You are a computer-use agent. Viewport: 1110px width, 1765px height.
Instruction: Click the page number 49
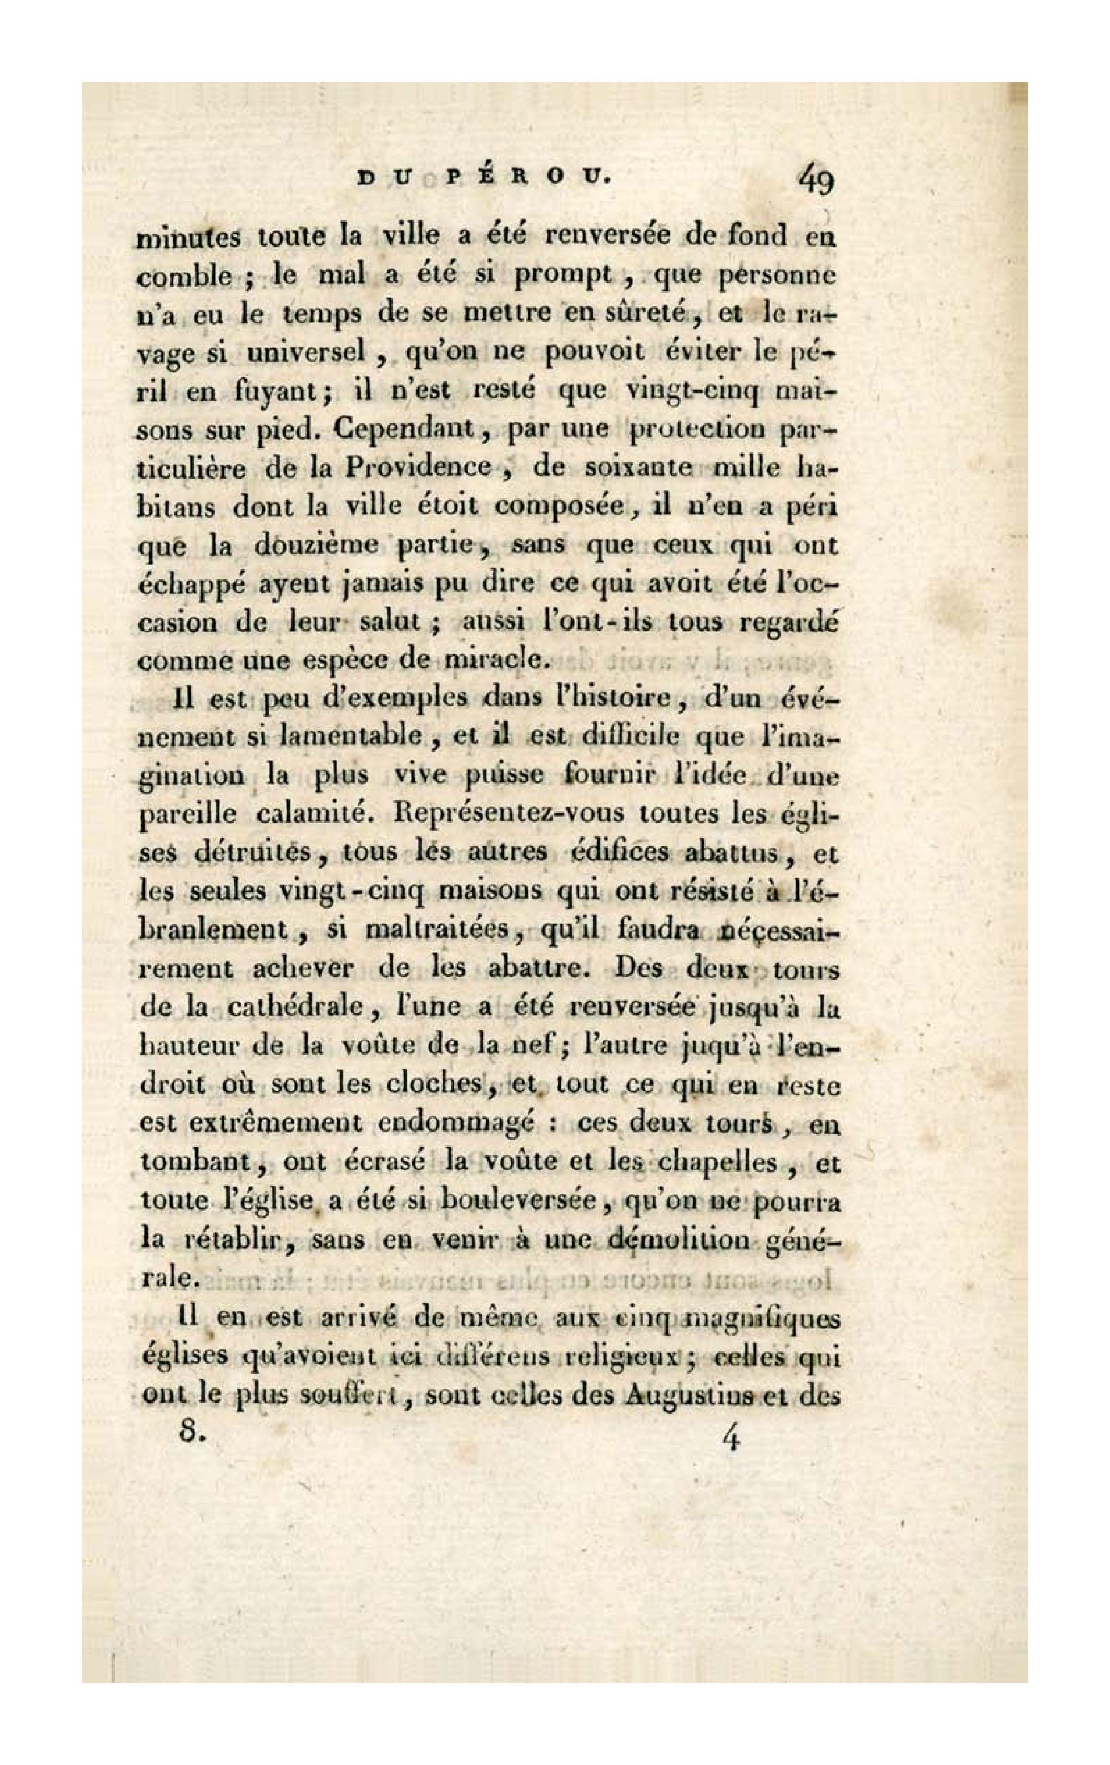816,179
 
